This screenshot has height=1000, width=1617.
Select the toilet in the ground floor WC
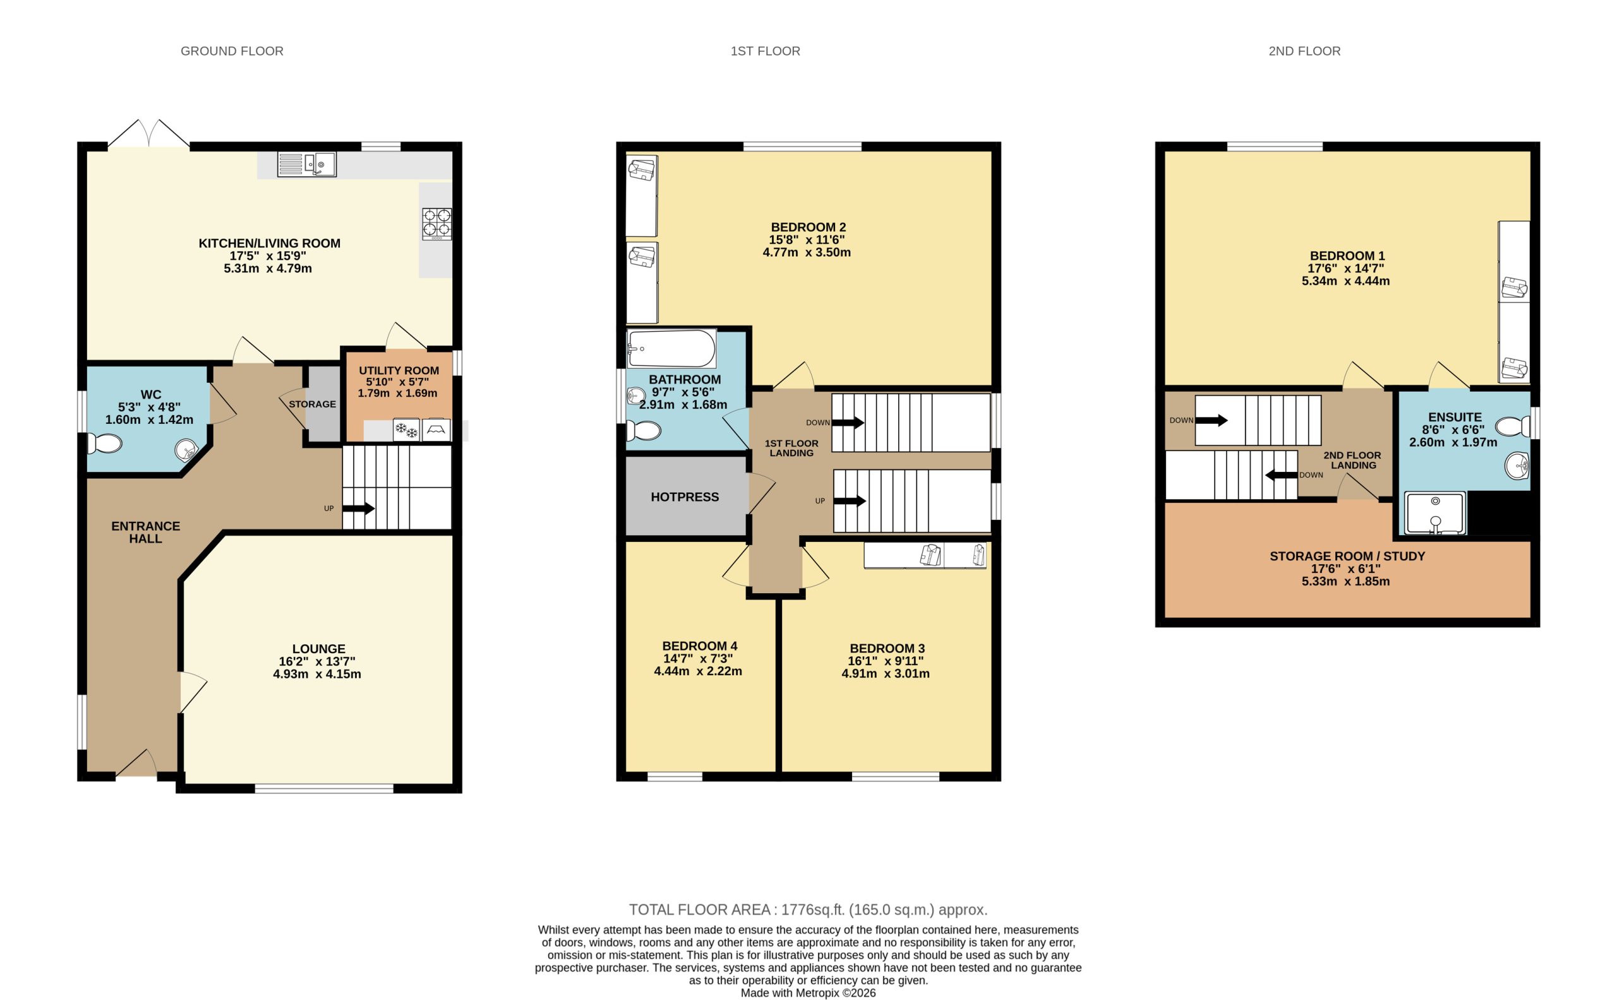coord(104,443)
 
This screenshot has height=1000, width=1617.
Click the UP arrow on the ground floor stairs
coord(358,509)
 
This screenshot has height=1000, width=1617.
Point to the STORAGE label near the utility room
coord(312,404)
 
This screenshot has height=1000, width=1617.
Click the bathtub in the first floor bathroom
coord(671,349)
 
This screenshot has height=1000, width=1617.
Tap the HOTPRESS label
coord(685,497)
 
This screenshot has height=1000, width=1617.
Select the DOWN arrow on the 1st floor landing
coord(848,423)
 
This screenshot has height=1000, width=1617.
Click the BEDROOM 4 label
coord(699,646)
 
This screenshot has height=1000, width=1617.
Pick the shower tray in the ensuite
coord(1434,513)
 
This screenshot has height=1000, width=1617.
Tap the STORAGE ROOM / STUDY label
coord(1347,556)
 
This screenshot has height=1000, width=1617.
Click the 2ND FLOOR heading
coord(1304,51)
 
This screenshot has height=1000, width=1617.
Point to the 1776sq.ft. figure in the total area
coord(813,910)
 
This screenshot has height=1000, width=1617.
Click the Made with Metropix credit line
coord(807,992)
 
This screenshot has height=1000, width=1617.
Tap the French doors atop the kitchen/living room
coord(149,135)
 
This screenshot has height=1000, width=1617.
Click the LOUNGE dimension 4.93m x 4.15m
coord(317,674)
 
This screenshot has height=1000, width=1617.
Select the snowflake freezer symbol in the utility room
coord(406,431)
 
